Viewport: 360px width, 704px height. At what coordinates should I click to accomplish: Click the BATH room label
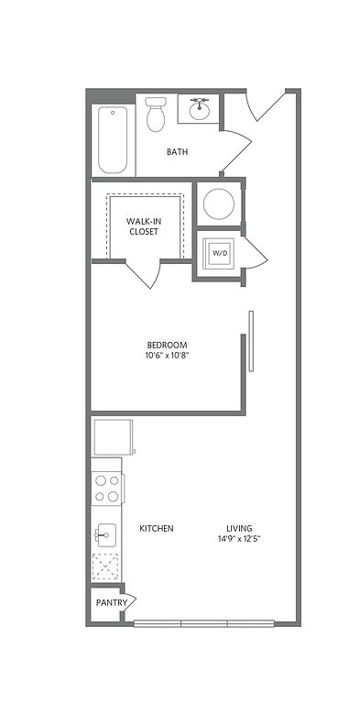(177, 152)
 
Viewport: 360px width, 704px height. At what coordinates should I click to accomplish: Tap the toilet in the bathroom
(156, 114)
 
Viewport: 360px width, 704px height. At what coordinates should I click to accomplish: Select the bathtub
(113, 139)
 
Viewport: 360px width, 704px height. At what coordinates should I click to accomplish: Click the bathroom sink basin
(200, 110)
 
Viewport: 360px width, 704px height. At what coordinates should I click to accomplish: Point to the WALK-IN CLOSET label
(144, 226)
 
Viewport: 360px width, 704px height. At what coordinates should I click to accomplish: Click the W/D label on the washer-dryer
(219, 253)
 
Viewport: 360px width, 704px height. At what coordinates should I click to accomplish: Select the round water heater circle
(219, 203)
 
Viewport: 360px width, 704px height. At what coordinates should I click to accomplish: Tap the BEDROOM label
(167, 346)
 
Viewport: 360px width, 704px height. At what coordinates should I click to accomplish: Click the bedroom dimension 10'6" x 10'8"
(167, 356)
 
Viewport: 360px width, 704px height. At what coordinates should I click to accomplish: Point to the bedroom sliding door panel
(251, 341)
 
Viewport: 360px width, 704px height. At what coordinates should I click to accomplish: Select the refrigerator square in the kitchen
(113, 437)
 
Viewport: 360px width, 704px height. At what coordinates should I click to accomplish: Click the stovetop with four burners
(107, 489)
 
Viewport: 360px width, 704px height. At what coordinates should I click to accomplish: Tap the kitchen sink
(105, 535)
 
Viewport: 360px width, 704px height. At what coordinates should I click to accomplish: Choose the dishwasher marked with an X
(105, 567)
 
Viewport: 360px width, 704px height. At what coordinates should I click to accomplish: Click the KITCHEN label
(157, 528)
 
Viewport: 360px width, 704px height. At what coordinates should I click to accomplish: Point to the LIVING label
(239, 528)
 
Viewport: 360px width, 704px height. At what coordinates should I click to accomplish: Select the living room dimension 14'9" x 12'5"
(238, 539)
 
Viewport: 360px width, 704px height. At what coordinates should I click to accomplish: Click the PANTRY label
(112, 603)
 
